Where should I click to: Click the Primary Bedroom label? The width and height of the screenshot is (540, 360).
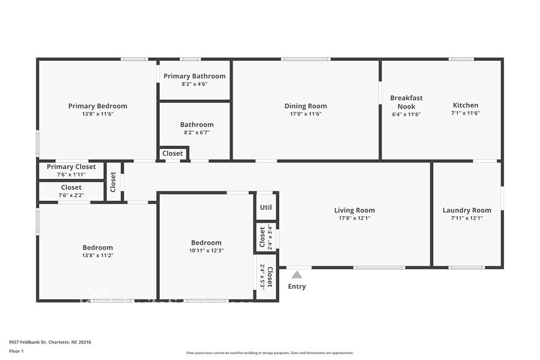point(97,106)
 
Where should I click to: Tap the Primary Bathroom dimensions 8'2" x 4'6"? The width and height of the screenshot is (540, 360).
point(194,84)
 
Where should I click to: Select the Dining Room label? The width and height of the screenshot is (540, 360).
point(306,106)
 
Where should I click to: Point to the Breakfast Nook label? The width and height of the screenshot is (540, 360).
point(406,102)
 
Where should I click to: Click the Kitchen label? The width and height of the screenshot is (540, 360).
point(465,105)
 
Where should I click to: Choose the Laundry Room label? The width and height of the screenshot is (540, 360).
point(467,211)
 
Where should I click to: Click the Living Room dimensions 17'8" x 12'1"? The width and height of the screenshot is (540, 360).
point(354,218)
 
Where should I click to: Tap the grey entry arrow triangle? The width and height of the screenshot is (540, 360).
point(297,275)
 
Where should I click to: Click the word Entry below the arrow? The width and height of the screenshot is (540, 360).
point(297,287)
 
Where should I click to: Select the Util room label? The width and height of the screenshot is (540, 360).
point(266,207)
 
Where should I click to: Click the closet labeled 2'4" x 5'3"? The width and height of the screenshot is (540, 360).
point(266,277)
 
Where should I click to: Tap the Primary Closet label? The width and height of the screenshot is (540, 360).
point(71,167)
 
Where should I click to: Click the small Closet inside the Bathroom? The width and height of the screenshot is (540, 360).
point(173,153)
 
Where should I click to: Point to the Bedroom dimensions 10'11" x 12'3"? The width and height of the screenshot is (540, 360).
point(206,250)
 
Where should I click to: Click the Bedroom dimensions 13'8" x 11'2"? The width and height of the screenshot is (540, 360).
point(97,255)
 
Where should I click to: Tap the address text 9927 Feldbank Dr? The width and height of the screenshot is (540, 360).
point(31,342)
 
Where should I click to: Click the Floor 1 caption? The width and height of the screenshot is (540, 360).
point(16,351)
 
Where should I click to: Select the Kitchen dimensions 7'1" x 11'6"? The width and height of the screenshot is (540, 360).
point(465,114)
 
